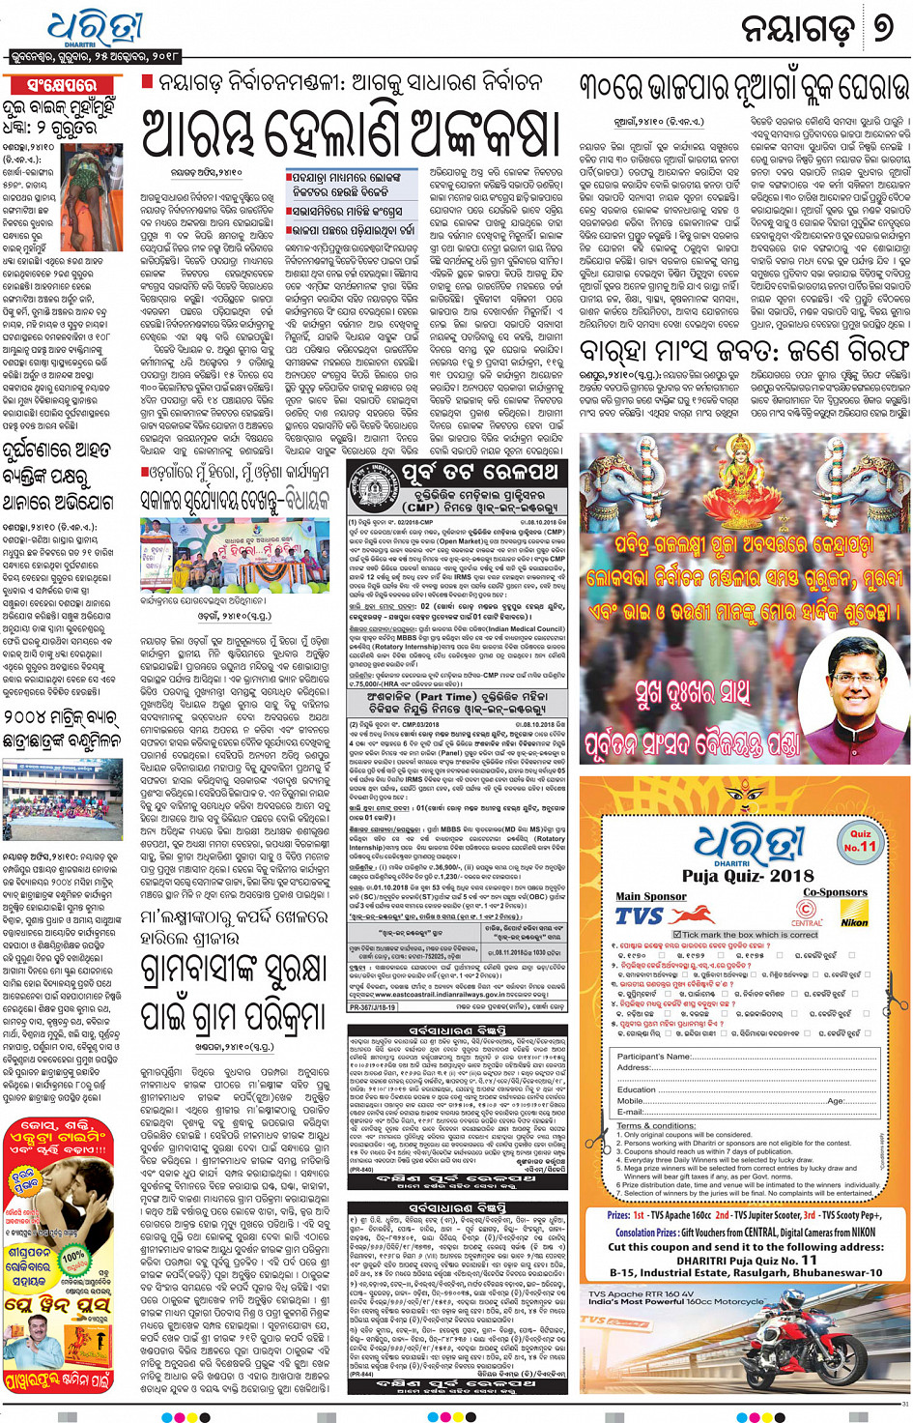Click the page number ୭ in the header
(882, 28)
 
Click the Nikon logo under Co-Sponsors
(853, 921)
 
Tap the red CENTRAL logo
(807, 912)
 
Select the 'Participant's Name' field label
(654, 1057)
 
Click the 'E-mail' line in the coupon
(631, 1112)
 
